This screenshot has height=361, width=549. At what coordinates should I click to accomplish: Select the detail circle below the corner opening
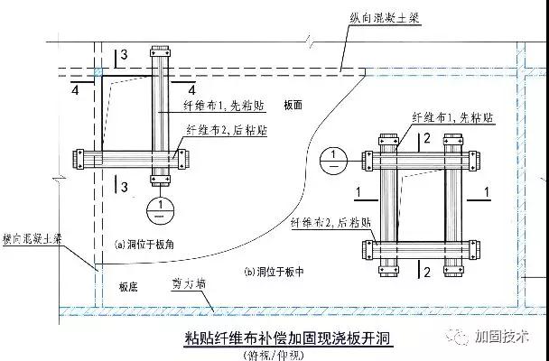tap(159, 208)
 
